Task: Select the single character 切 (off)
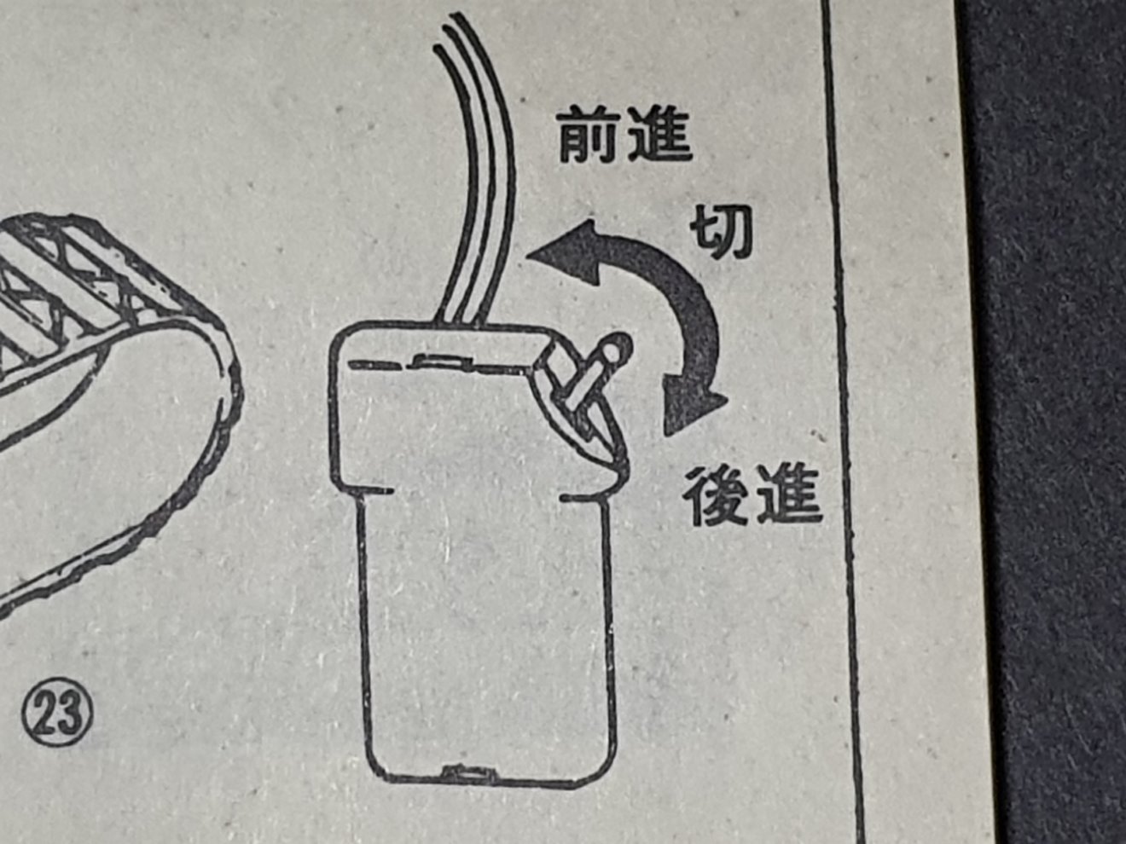pyautogui.click(x=722, y=232)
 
